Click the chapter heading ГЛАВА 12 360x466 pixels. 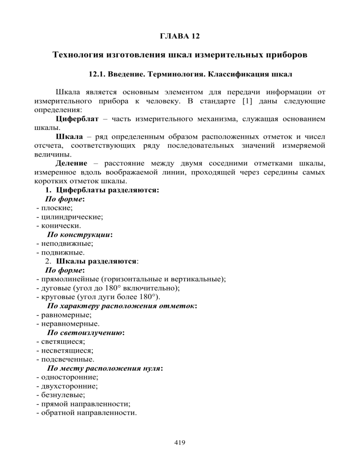[x=180, y=36]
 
